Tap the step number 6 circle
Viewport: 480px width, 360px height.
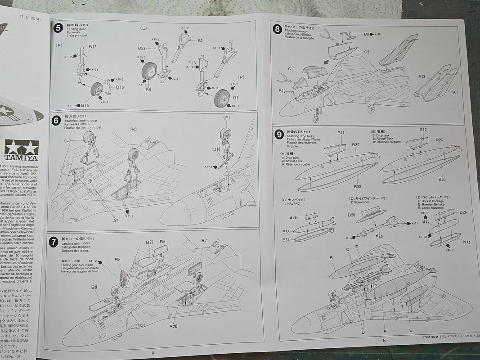tap(56, 120)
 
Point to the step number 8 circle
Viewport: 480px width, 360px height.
tap(278, 30)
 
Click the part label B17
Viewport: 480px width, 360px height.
tap(92, 47)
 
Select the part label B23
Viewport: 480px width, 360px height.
tap(141, 48)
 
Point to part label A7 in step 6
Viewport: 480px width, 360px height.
tap(116, 220)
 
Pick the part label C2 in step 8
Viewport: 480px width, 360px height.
tap(367, 52)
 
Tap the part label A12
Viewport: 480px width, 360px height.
tap(422, 76)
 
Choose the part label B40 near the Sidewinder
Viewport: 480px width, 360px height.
tap(379, 237)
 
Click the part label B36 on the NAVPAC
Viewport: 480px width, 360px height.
tap(293, 217)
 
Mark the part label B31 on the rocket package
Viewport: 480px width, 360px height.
tap(467, 243)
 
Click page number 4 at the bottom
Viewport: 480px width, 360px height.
tap(153, 353)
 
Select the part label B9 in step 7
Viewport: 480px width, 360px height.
tap(94, 287)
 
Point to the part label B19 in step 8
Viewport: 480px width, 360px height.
tap(282, 91)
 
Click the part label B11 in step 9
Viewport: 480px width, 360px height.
tap(341, 133)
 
